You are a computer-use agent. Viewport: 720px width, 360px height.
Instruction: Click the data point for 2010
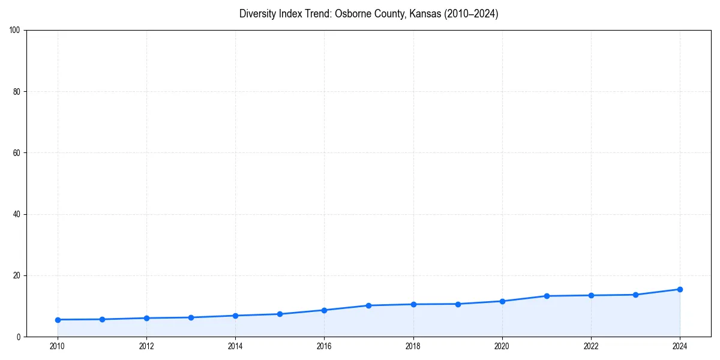(58, 320)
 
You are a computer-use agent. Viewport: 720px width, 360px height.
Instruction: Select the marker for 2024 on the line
(680, 289)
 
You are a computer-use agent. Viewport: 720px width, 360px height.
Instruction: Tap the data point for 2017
(368, 305)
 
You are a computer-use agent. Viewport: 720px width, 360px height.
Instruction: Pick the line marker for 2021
(547, 296)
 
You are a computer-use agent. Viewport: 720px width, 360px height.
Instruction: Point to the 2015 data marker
(280, 314)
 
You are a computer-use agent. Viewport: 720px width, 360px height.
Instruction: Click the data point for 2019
(458, 304)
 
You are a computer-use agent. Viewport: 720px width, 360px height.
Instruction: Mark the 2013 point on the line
(191, 317)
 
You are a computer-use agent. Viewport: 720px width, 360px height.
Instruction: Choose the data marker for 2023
(635, 295)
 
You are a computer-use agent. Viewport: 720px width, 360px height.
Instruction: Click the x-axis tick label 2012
(146, 346)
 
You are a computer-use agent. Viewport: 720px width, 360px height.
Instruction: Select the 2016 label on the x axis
(324, 346)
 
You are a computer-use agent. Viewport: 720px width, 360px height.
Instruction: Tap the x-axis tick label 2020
(502, 346)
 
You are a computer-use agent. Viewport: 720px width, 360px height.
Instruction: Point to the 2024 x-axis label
(680, 346)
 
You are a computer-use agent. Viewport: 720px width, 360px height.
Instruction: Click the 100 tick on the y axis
(16, 31)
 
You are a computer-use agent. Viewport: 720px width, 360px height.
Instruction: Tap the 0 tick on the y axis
(19, 337)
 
